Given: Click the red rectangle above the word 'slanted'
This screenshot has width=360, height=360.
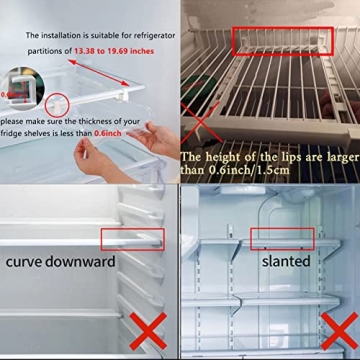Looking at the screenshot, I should [x=281, y=238].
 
